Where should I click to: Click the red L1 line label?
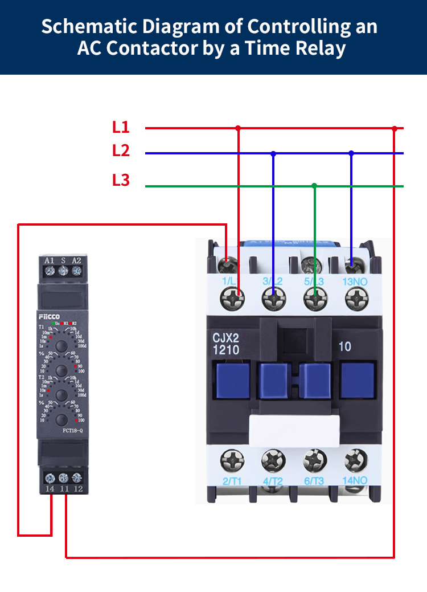121,127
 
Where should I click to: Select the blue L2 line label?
121,151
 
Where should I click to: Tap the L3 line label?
121,181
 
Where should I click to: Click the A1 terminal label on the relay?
50,260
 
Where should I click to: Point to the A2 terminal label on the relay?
76,260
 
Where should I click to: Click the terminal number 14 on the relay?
50,488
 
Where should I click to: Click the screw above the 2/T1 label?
232,459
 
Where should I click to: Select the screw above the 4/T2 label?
272,459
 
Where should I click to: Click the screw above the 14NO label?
356,459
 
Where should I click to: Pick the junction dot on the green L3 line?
314,186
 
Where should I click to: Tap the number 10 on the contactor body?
344,346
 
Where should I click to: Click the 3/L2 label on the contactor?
273,281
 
